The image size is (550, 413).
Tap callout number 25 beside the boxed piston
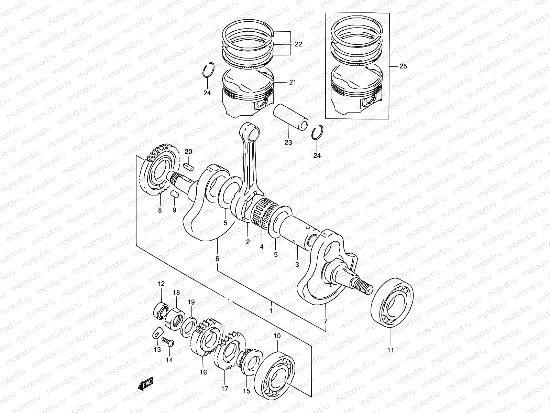tap(403, 66)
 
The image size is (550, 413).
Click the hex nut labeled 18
tap(175, 319)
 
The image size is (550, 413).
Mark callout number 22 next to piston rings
tap(298, 44)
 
